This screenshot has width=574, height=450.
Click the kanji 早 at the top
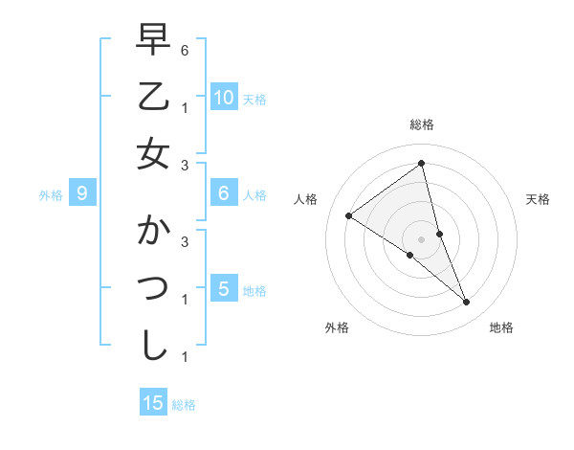coord(153,41)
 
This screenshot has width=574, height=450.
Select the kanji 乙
coord(153,96)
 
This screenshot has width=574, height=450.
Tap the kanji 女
coord(153,153)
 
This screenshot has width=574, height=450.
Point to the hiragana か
coord(153,233)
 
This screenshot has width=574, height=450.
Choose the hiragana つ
coord(153,289)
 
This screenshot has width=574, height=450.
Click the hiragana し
coord(153,346)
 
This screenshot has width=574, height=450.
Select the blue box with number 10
coord(224,98)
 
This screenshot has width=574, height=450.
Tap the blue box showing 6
coord(224,194)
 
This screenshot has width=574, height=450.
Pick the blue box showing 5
coord(224,289)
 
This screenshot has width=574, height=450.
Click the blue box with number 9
coord(83,194)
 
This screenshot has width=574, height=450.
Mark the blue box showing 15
coord(153,403)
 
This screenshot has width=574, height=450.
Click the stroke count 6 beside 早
coord(185,49)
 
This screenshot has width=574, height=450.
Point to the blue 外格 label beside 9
coord(51,195)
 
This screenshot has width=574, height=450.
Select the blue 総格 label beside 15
coord(184,405)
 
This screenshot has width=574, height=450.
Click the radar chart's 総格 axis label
coord(421,124)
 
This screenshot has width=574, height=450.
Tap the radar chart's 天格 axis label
coord(538,199)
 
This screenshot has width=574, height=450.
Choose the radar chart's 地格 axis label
coord(501,327)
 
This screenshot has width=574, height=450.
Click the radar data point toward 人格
coord(348,215)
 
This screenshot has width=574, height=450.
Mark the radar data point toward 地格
coord(466,302)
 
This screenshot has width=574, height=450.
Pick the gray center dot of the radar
coord(421,239)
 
